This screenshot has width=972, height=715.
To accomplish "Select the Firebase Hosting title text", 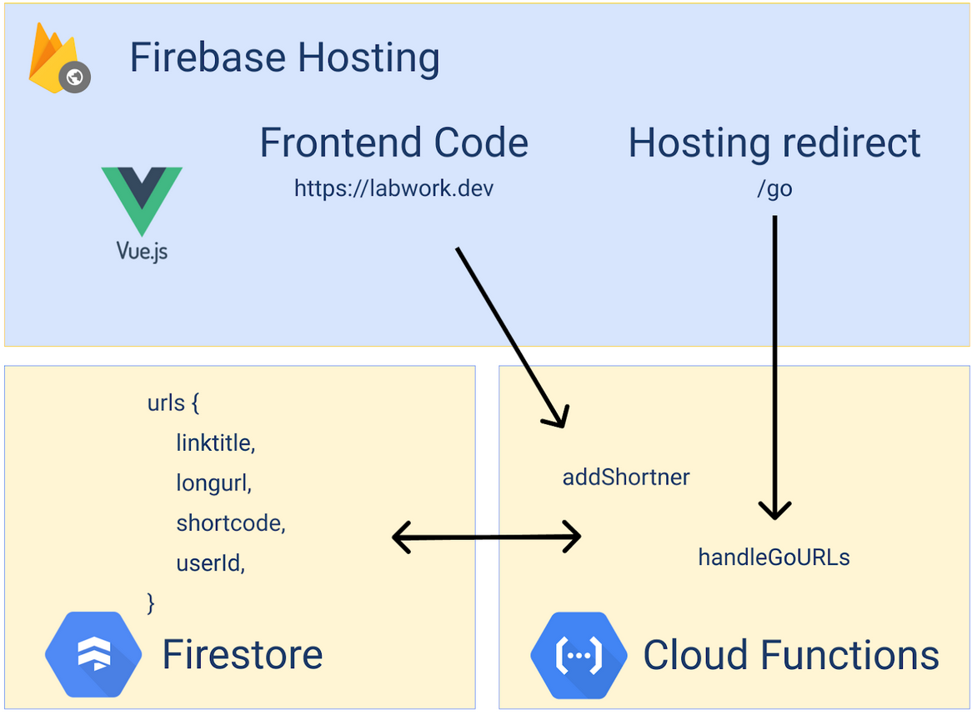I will click(x=284, y=58).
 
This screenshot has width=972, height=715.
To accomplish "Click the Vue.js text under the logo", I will click(x=142, y=250).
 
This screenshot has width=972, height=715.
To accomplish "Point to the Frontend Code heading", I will click(x=393, y=142).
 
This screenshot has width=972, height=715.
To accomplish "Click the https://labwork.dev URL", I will click(x=393, y=188).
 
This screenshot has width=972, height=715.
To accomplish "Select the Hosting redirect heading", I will click(x=774, y=142).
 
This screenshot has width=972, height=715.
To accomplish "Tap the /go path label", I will click(x=774, y=189).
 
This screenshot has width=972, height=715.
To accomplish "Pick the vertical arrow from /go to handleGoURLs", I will click(x=774, y=367).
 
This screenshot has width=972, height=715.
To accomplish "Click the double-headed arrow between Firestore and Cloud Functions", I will click(x=486, y=537).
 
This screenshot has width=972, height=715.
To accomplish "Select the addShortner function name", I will click(x=626, y=477).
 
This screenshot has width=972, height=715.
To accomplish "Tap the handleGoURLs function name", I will click(x=774, y=557).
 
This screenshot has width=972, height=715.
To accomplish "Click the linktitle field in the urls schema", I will click(x=215, y=443).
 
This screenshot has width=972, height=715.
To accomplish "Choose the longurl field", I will click(x=213, y=483).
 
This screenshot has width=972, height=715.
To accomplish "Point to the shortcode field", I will click(x=231, y=523).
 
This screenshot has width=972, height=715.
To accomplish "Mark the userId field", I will click(x=210, y=563).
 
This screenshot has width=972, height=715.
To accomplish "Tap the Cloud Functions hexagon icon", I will click(x=579, y=656).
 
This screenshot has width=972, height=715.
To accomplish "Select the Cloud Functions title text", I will click(x=790, y=655).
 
